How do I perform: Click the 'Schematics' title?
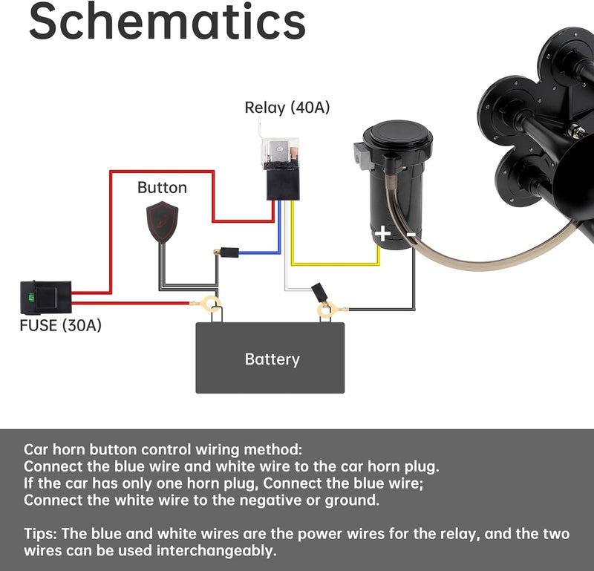(167, 22)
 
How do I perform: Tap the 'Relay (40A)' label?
(287, 108)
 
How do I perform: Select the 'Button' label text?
(162, 188)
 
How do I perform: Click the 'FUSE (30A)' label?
(61, 325)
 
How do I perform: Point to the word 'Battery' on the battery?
(272, 359)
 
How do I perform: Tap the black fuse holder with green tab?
(46, 298)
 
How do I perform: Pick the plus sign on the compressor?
(382, 233)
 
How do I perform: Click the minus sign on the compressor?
(411, 235)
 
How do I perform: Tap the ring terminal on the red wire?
(208, 304)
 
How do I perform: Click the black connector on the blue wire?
(229, 252)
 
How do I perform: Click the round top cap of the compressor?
(397, 135)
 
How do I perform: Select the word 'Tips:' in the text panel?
(41, 534)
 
